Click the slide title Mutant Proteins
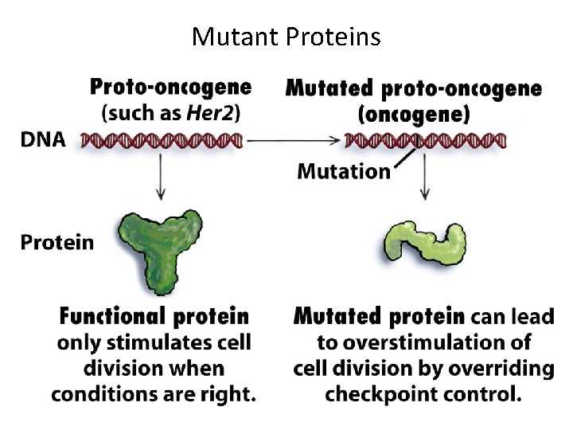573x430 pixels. tap(286, 37)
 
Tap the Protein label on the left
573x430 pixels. tap(57, 242)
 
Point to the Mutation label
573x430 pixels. tap(343, 170)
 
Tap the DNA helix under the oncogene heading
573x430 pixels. tap(425, 142)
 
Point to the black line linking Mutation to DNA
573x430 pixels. tap(406, 158)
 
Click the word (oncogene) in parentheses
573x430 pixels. tap(414, 113)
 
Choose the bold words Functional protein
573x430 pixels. tap(154, 317)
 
